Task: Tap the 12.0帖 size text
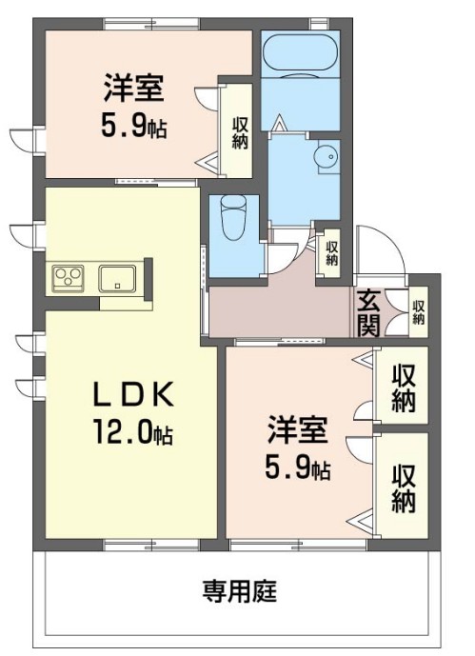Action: pyautogui.click(x=133, y=434)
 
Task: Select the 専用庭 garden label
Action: pyautogui.click(x=238, y=590)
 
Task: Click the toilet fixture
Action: pyautogui.click(x=231, y=222)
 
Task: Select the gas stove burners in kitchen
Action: pyautogui.click(x=69, y=277)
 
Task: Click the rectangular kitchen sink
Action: pyautogui.click(x=118, y=278)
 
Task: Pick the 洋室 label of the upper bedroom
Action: pyautogui.click(x=133, y=91)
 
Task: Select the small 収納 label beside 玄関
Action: pyautogui.click(x=418, y=313)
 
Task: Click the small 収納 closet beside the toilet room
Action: pyautogui.click(x=330, y=252)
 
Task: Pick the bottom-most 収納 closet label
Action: pyautogui.click(x=403, y=488)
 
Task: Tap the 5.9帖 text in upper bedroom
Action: pyautogui.click(x=133, y=127)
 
